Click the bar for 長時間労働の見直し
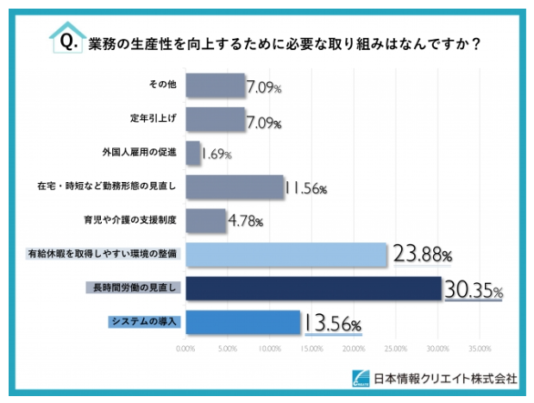[x=313, y=287]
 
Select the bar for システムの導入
[x=242, y=321]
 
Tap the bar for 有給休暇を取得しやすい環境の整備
[x=286, y=254]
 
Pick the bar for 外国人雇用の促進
[x=192, y=153]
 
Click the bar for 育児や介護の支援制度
[x=205, y=220]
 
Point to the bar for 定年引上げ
[x=215, y=119]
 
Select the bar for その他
[x=215, y=85]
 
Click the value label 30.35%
[x=473, y=289]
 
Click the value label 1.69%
[x=216, y=154]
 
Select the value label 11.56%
[x=305, y=187]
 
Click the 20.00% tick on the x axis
[x=354, y=349]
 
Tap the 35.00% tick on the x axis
[x=480, y=349]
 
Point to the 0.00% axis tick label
[x=185, y=349]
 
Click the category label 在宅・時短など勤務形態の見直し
[x=107, y=186]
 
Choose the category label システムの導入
[x=143, y=321]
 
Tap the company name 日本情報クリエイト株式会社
[x=445, y=378]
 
